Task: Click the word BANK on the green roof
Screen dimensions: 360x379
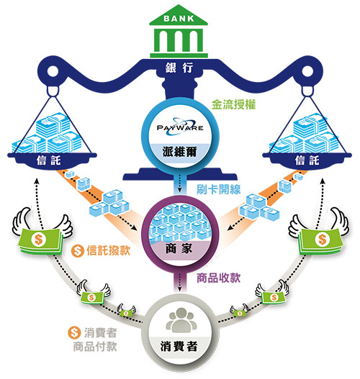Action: (179, 19)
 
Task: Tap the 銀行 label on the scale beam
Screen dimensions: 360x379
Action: (179, 68)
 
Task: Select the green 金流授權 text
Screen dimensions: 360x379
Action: (234, 105)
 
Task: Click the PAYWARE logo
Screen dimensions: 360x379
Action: (180, 127)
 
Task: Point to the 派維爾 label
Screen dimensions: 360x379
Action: (179, 152)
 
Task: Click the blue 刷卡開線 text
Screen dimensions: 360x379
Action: (218, 189)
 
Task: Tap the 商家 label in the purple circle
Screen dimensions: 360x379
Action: (179, 249)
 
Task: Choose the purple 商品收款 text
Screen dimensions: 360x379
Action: (218, 278)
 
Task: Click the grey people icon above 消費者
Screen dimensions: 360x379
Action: (181, 320)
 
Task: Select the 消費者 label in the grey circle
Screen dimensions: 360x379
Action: (179, 347)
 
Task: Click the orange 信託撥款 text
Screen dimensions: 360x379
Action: (109, 250)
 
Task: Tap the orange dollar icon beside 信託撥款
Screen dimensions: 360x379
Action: (77, 251)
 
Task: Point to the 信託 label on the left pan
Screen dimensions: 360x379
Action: (49, 160)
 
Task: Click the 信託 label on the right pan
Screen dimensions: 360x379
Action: (307, 160)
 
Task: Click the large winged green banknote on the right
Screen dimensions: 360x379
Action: (319, 233)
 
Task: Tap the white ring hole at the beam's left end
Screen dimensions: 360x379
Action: (53, 71)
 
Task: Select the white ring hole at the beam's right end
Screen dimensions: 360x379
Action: (307, 71)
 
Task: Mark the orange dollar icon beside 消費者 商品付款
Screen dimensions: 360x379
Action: (74, 333)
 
